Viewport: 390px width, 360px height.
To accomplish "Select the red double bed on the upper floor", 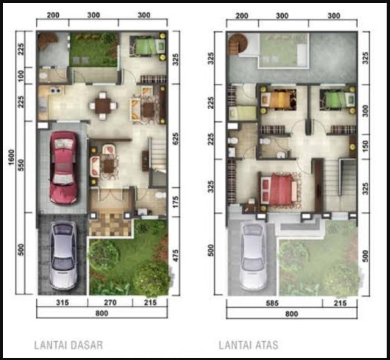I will tap(278, 189).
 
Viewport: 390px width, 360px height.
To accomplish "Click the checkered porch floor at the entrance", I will tap(110, 223).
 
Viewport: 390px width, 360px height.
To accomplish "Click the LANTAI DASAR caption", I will tap(69, 345).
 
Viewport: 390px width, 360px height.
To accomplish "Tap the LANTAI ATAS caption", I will tap(248, 345).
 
